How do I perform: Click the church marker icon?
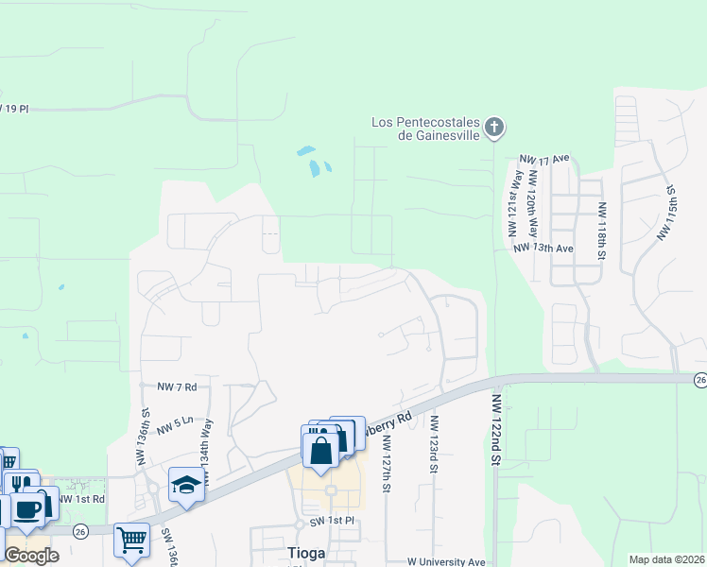[x=494, y=128]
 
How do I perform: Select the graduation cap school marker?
[x=187, y=486]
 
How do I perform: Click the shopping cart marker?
[x=131, y=541]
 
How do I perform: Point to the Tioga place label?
[x=305, y=552]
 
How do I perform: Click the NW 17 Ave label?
[x=545, y=158]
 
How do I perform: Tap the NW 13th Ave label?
[x=543, y=249]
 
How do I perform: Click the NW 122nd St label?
[x=496, y=431]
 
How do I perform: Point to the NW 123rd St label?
[x=435, y=444]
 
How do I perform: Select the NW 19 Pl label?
[x=15, y=109]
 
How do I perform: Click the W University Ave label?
[x=445, y=562]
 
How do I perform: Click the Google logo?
[x=31, y=556]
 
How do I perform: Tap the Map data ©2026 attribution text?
[x=666, y=559]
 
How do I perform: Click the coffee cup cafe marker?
[x=28, y=508]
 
